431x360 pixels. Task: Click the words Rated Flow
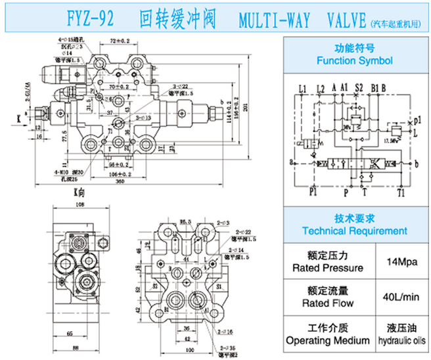[328, 303]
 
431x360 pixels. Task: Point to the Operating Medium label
[328, 340]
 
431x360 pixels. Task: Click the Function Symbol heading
[354, 60]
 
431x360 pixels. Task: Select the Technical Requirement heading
[354, 231]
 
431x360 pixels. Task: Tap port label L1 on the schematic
[302, 87]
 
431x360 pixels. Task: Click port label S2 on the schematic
[359, 87]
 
